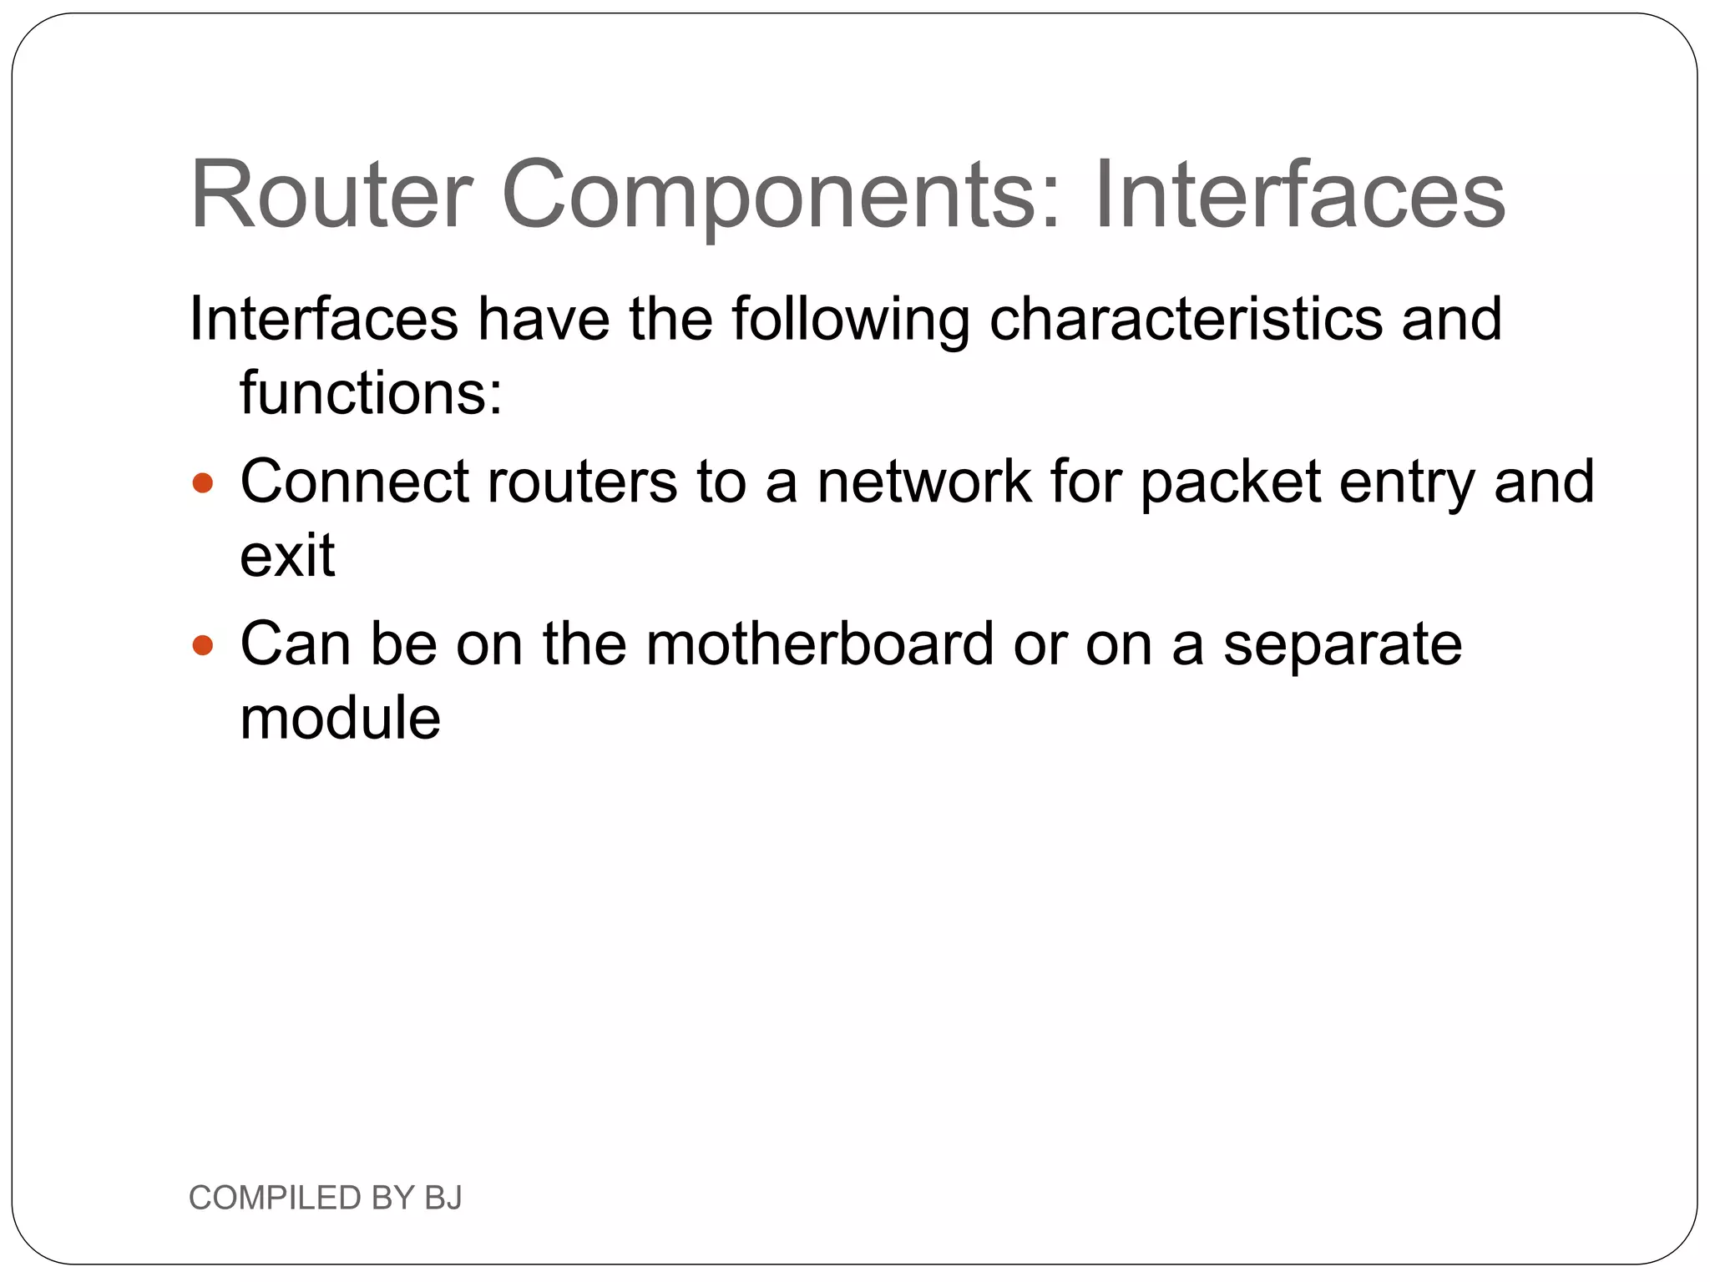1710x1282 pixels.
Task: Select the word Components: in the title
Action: point(782,197)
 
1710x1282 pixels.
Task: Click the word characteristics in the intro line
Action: point(1186,320)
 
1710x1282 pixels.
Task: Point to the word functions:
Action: point(372,392)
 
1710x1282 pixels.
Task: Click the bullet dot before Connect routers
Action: point(203,483)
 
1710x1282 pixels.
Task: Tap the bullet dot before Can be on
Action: point(203,645)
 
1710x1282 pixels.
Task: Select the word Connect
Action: point(354,482)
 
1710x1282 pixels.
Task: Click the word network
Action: point(924,482)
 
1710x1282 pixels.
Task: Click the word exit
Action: point(287,555)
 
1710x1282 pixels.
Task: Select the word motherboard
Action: point(820,644)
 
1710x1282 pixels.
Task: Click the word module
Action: point(340,718)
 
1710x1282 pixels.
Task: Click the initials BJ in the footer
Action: point(443,1198)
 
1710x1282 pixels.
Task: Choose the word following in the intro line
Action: point(851,320)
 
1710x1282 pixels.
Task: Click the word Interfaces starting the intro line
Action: point(324,320)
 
